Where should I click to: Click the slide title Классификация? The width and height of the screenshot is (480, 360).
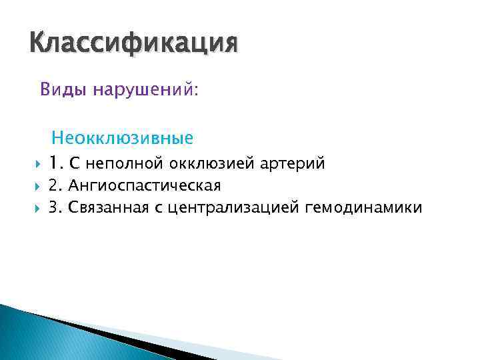[x=133, y=45]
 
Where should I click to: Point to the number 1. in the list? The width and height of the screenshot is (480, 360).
[x=55, y=163]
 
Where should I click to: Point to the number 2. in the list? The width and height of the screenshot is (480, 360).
[x=55, y=185]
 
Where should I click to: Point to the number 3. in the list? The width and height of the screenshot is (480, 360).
[x=55, y=208]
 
